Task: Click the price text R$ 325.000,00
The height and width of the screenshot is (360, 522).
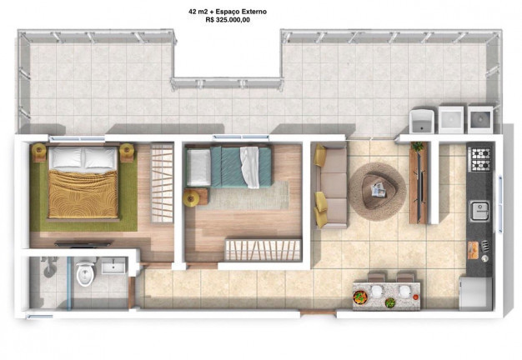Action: coord(228,20)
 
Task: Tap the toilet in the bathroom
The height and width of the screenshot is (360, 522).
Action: coord(85,272)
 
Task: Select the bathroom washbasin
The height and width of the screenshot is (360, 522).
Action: coord(113,266)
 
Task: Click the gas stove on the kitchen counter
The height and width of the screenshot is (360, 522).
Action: coord(479,159)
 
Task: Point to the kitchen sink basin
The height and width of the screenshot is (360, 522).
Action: coord(479,211)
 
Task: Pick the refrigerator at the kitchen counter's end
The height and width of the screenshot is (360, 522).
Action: coord(475,293)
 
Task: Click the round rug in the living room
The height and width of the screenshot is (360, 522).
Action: coord(378,192)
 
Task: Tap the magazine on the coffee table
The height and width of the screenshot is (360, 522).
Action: coord(379,191)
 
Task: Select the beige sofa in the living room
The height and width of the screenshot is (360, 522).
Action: coord(330,186)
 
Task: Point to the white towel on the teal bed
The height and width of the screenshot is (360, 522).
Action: coord(249,167)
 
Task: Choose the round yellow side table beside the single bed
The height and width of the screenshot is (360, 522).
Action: coord(191,198)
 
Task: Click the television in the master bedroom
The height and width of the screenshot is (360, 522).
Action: coord(83,244)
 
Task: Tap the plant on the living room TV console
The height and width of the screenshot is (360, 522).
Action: coord(417,146)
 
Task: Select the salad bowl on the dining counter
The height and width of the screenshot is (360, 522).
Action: coord(360,297)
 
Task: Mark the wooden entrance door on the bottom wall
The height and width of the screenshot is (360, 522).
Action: coord(319,312)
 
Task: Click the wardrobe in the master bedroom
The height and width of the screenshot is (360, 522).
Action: coord(162,182)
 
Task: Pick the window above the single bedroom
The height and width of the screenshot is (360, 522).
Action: coord(241,137)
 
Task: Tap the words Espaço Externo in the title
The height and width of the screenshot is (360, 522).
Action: coord(241,12)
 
